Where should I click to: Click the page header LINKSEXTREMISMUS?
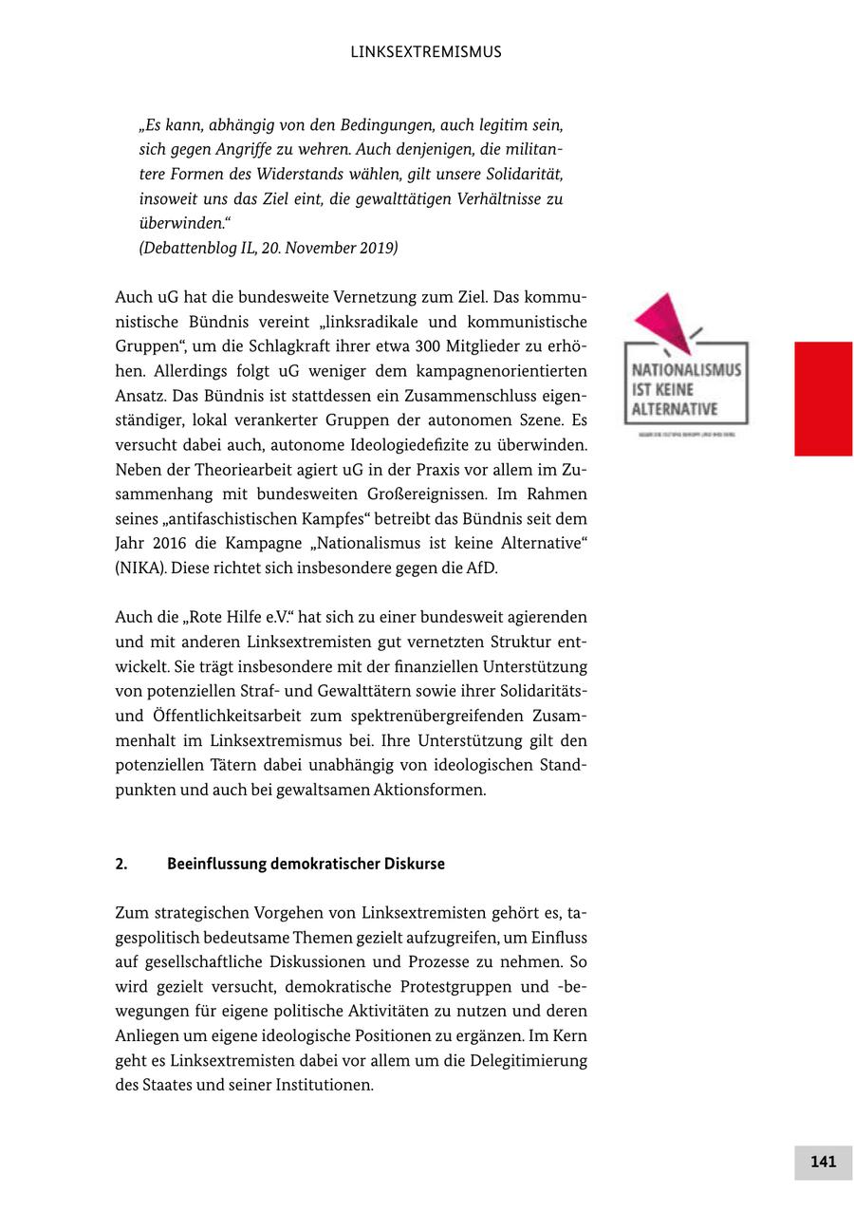tap(426, 52)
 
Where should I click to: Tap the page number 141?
tap(823, 1162)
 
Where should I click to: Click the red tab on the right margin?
tap(823, 399)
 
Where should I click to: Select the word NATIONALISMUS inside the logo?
tap(686, 370)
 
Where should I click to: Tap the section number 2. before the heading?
tap(121, 864)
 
